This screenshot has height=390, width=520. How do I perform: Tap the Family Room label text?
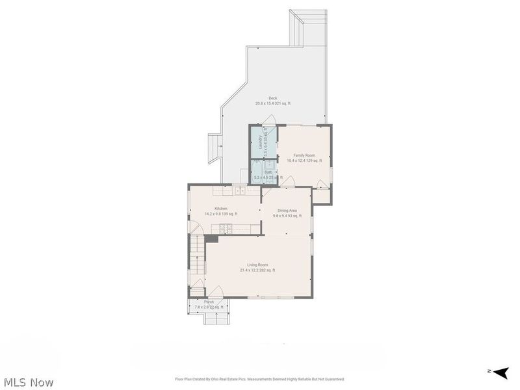coord(304,155)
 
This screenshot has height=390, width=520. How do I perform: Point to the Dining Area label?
coord(287,211)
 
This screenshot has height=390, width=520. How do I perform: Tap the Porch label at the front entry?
coord(209,302)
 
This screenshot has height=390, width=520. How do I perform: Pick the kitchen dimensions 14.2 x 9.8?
coord(221,214)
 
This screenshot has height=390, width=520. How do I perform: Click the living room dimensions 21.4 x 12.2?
coord(257,270)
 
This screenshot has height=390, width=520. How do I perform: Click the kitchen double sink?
coord(239,190)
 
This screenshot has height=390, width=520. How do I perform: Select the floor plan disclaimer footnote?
coord(259,379)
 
